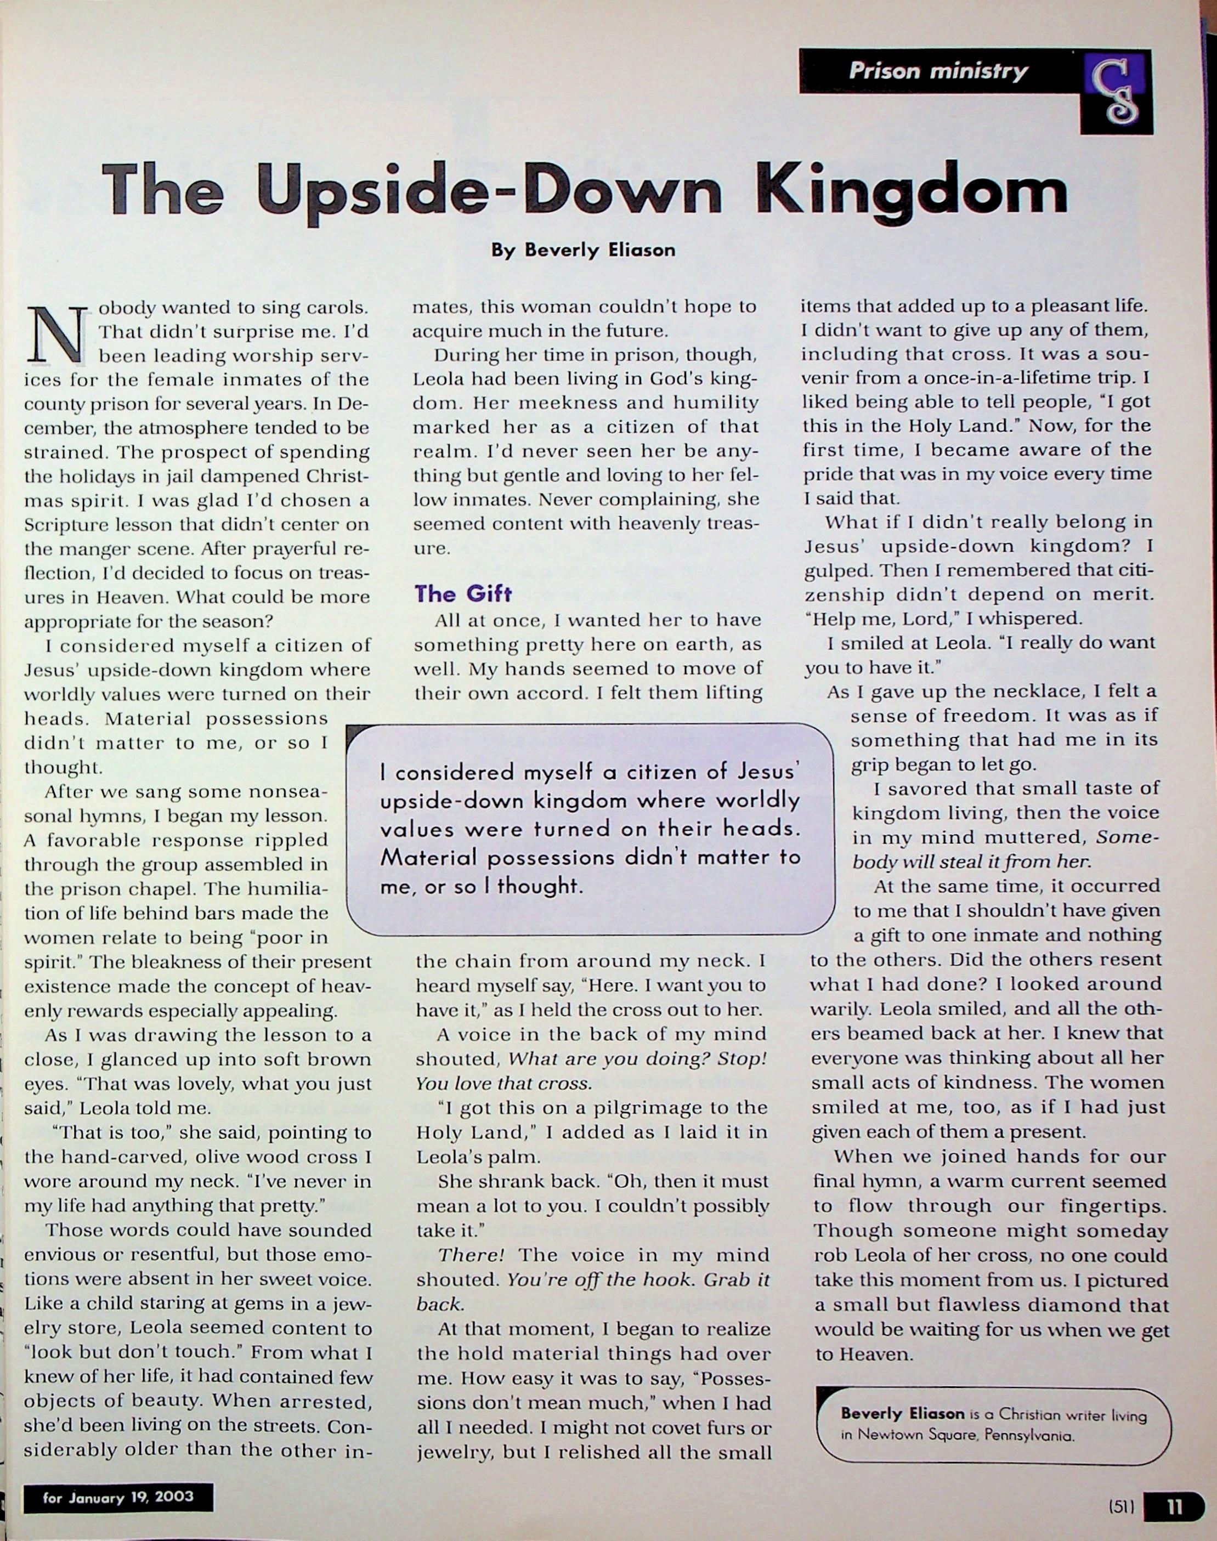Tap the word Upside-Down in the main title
[488, 190]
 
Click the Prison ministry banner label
[938, 71]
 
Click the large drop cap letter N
[57, 333]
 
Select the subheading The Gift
[463, 593]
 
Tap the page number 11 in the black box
[1174, 1508]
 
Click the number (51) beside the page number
[1122, 1508]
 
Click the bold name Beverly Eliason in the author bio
[902, 1413]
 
